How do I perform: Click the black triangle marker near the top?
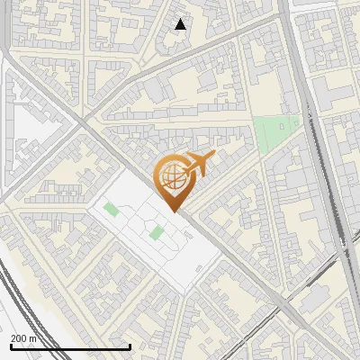(x=181, y=24)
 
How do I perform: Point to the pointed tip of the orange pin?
(x=173, y=211)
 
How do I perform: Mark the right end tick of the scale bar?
(x=130, y=346)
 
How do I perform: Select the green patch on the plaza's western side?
(x=111, y=210)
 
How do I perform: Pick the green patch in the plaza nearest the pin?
(x=156, y=233)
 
